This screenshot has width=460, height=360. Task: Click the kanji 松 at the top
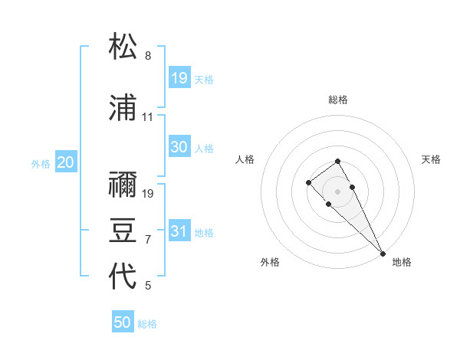(x=123, y=47)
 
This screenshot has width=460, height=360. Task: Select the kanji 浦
(x=123, y=109)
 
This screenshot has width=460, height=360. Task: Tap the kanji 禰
(x=123, y=185)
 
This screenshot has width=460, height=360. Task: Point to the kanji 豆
(x=123, y=231)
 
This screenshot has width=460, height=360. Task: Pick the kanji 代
(x=123, y=277)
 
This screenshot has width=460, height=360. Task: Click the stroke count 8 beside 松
(x=148, y=56)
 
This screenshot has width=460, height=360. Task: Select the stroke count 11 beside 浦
(x=148, y=117)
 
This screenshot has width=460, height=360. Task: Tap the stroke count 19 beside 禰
(x=148, y=193)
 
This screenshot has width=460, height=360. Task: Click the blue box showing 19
(x=179, y=77)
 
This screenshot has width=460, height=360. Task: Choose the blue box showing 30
(x=179, y=147)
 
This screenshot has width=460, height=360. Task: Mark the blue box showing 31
(x=179, y=231)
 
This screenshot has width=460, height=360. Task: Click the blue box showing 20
(x=66, y=162)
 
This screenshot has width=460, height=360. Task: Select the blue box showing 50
(x=123, y=322)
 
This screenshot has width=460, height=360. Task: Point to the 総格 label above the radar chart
(x=338, y=100)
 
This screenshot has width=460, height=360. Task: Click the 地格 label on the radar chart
(x=402, y=262)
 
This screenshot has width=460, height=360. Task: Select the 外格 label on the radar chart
(x=270, y=262)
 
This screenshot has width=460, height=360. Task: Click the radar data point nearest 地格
(x=382, y=253)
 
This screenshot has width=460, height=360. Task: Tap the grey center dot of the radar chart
(x=337, y=191)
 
